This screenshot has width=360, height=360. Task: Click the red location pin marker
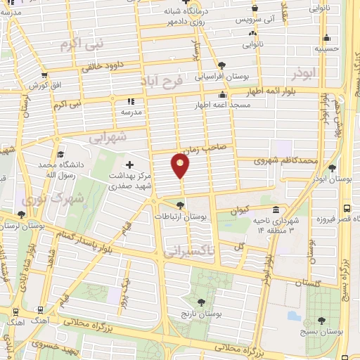(x=180, y=166)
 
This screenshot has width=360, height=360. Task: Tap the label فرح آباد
(x=162, y=81)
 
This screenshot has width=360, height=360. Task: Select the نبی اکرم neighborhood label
(x=82, y=44)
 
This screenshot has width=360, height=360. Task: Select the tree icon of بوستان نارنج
(x=202, y=302)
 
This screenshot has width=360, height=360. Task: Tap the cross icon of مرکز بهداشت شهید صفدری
(x=129, y=165)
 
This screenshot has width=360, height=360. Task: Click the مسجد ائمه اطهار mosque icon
(x=223, y=95)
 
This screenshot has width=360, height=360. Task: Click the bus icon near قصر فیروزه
(x=346, y=208)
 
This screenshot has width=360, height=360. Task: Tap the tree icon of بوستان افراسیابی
(x=222, y=65)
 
